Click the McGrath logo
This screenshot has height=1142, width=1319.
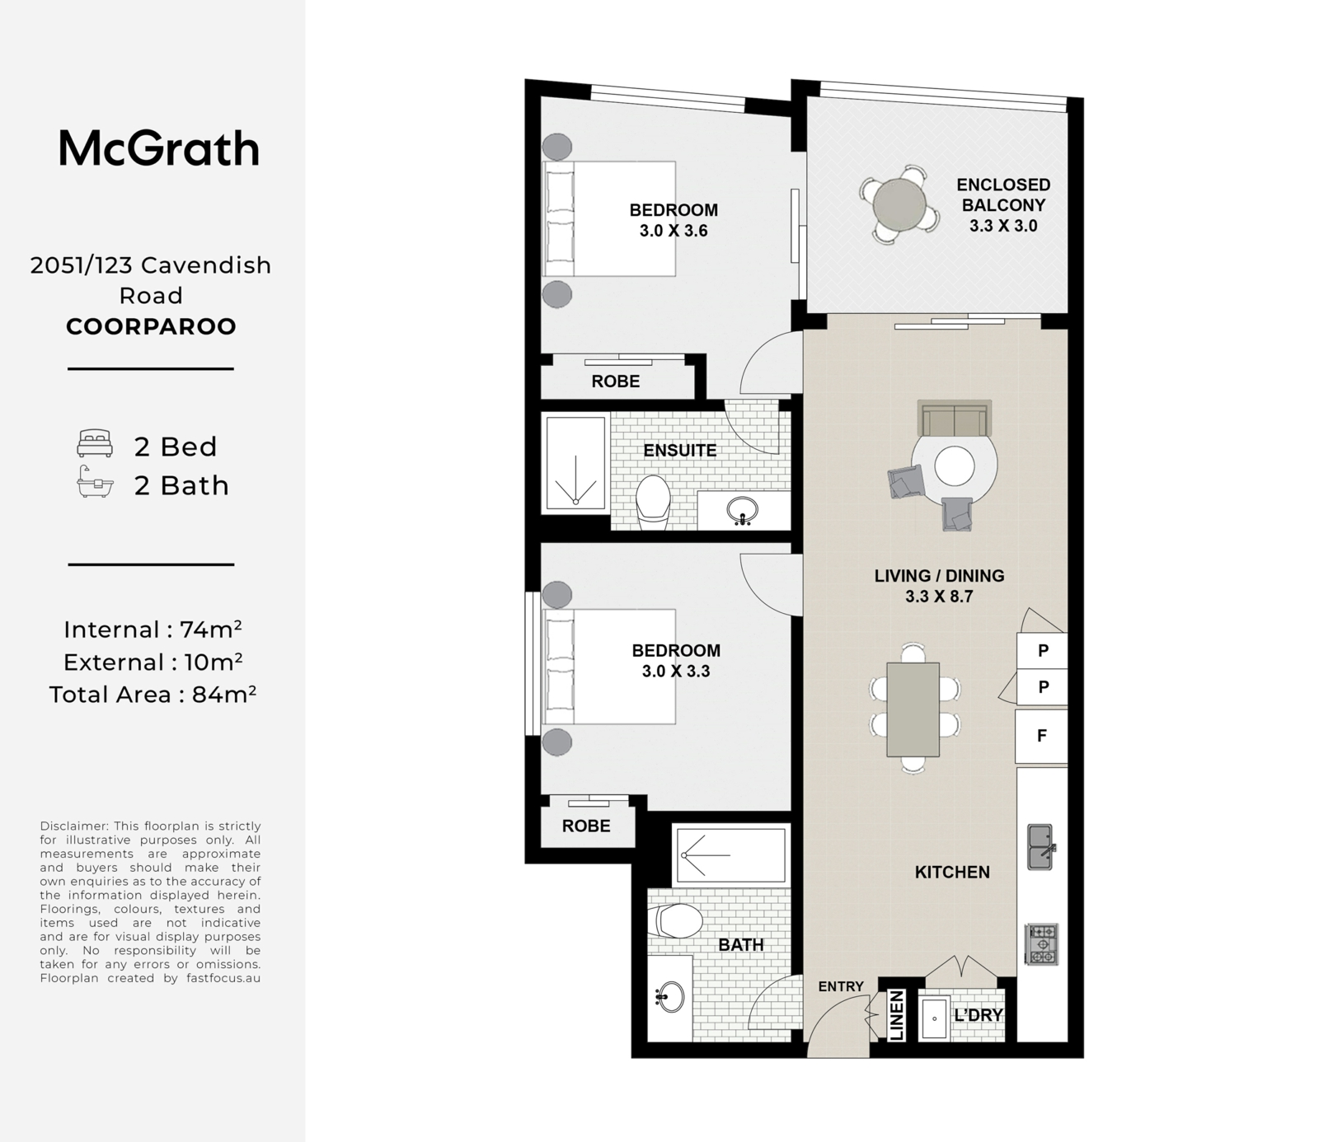point(159,149)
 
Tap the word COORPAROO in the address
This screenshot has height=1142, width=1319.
point(151,326)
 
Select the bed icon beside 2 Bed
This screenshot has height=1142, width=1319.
point(95,443)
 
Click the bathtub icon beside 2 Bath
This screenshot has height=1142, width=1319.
point(95,483)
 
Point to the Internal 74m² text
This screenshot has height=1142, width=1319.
point(153,630)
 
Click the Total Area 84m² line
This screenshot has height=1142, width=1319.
point(153,695)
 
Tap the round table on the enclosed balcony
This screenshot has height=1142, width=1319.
point(900,204)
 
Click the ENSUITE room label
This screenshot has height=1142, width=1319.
point(680,451)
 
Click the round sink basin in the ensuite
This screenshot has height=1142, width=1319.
point(743,511)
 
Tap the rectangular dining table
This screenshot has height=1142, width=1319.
point(913,709)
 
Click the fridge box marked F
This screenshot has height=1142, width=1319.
point(1042,736)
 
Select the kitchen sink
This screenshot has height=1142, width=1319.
point(1040,847)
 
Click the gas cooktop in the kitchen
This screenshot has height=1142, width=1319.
point(1041,944)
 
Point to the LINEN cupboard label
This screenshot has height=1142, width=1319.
point(897,1016)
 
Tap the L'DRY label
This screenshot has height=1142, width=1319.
point(978,1015)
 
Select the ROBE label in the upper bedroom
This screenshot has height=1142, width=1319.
point(616,381)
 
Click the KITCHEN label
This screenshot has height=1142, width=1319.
point(952,872)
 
